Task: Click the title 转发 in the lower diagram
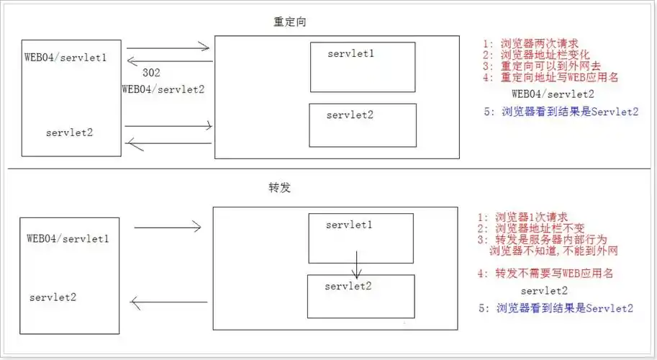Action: click(x=278, y=187)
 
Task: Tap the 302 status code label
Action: click(x=152, y=73)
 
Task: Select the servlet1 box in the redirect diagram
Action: click(x=363, y=67)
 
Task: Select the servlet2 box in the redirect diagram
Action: click(x=363, y=125)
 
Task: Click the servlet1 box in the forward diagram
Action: click(x=358, y=238)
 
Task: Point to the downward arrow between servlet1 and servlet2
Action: click(x=356, y=264)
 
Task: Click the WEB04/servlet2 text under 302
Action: click(x=163, y=89)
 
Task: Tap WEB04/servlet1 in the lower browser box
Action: click(x=68, y=238)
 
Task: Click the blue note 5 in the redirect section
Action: click(x=562, y=112)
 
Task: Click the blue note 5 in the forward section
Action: click(x=556, y=308)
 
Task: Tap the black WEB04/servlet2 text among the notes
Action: click(x=553, y=94)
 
